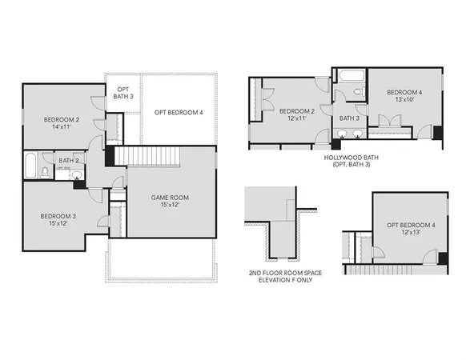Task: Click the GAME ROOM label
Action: click(x=171, y=197)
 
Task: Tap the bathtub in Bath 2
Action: click(x=30, y=167)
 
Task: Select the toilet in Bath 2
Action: click(x=46, y=171)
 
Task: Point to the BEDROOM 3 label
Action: click(x=58, y=216)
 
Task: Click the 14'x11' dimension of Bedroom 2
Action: click(x=62, y=126)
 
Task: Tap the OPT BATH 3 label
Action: click(x=123, y=92)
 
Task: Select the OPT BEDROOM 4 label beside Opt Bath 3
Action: click(x=179, y=113)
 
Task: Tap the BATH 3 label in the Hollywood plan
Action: click(x=349, y=118)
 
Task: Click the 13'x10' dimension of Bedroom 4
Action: click(x=404, y=99)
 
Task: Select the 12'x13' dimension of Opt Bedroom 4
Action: click(x=411, y=233)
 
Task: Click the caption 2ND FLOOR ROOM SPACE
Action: click(x=287, y=274)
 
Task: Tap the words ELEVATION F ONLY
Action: click(x=287, y=282)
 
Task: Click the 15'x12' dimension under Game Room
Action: click(x=171, y=205)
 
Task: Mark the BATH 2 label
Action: click(x=68, y=161)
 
